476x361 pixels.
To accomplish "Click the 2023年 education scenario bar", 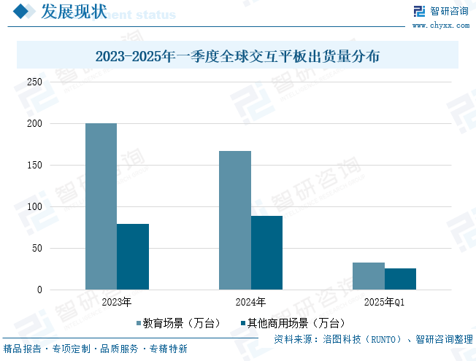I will [x=101, y=206].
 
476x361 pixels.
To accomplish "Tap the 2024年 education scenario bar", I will [x=235, y=220].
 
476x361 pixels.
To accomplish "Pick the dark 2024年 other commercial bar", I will [x=266, y=253].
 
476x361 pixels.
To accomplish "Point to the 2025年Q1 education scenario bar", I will [x=369, y=276].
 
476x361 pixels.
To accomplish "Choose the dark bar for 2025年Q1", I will [x=400, y=279].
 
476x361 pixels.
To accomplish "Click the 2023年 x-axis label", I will [x=117, y=302].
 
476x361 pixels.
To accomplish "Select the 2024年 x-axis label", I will [x=250, y=302].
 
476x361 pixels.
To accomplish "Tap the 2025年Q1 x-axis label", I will [x=384, y=302].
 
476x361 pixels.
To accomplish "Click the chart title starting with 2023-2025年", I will [x=237, y=55].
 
